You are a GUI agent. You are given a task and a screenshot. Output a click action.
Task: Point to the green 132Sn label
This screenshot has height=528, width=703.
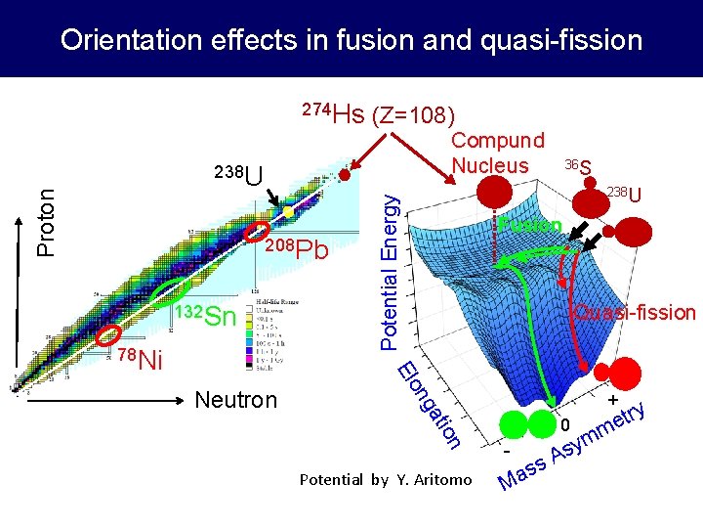[205, 316]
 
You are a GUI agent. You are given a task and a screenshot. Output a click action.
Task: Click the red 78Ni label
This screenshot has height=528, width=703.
[138, 358]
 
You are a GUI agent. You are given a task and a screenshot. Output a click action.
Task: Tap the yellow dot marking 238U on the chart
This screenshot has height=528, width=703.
[289, 211]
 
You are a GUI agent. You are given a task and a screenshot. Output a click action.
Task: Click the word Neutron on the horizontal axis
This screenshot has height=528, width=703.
[236, 400]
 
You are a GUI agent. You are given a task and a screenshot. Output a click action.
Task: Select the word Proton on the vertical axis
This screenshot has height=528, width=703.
[45, 222]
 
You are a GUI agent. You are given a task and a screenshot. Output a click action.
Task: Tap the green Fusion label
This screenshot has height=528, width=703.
[528, 226]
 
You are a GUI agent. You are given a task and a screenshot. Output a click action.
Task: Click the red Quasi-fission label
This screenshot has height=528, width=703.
[634, 313]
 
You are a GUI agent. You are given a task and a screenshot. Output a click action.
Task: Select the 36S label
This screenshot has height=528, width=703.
[578, 167]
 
